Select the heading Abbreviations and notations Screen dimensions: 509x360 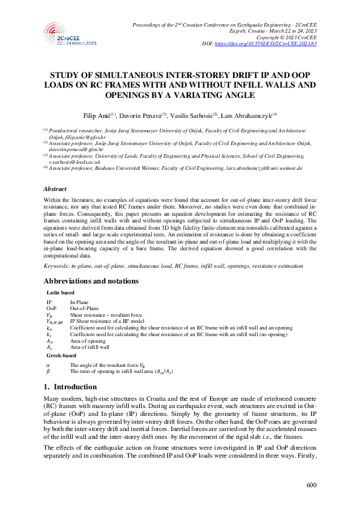(91, 280)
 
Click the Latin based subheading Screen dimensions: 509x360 (60, 292)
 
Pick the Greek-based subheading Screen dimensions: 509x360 (61, 356)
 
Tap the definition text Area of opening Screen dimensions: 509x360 (88, 341)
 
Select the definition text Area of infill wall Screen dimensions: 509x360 (90, 348)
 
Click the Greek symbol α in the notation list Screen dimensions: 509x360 (48, 365)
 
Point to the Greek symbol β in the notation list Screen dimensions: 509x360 (48, 372)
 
